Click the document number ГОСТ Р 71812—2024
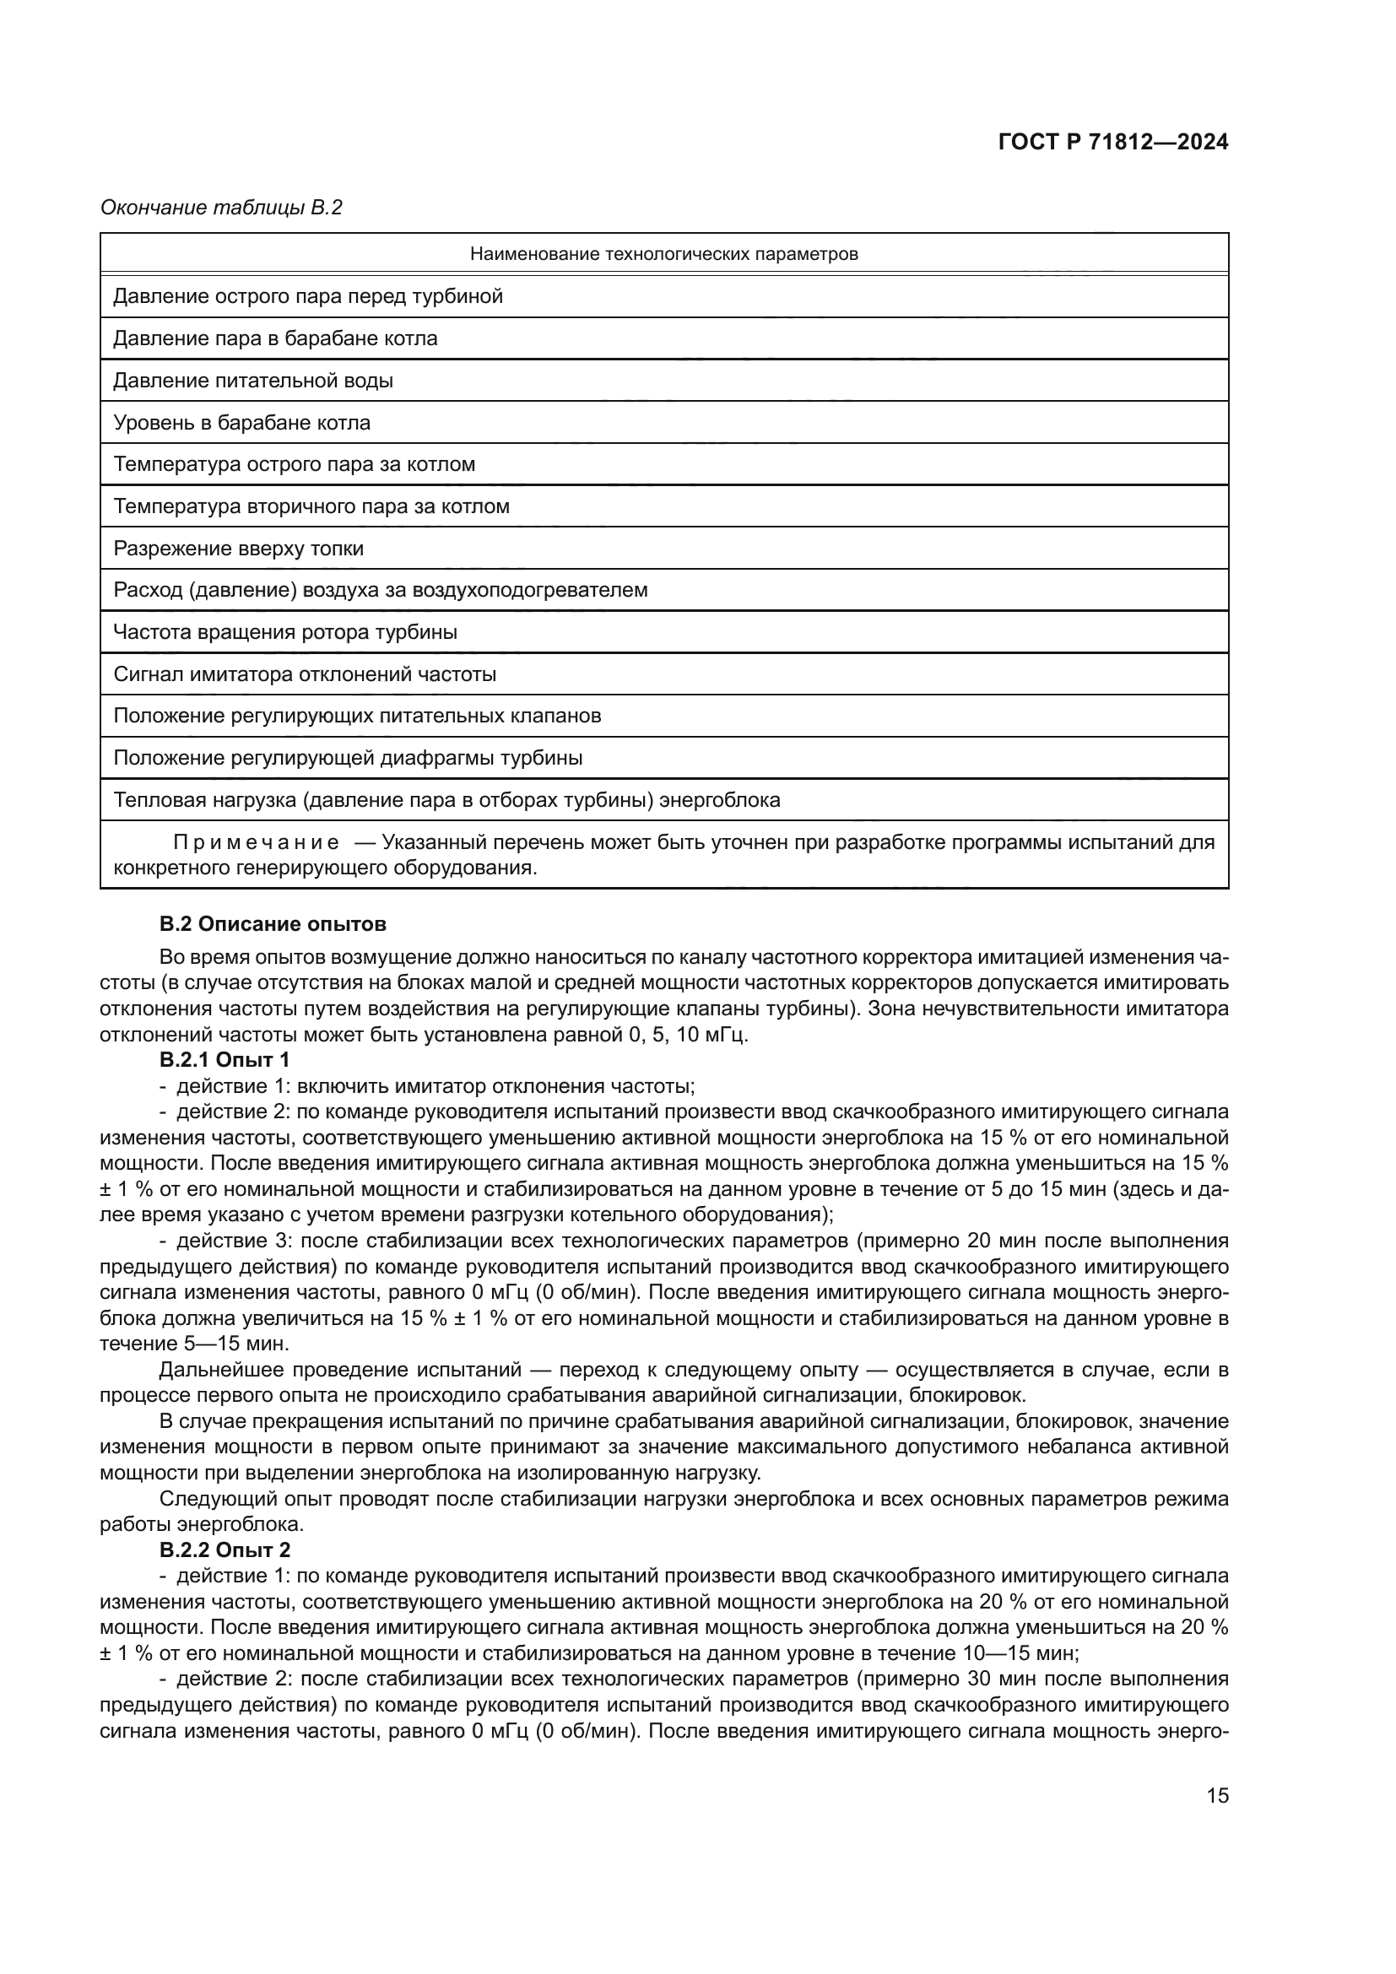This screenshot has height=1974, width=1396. (x=1112, y=143)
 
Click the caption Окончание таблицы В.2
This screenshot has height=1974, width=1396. (x=222, y=208)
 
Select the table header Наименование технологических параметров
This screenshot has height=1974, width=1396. (x=663, y=254)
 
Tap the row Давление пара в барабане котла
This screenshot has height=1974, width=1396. (x=275, y=338)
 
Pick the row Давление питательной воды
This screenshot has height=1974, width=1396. (x=253, y=380)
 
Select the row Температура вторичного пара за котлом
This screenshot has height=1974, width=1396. (x=311, y=506)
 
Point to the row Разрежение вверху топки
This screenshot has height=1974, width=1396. (x=238, y=549)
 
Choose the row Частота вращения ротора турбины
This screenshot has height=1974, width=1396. (x=285, y=632)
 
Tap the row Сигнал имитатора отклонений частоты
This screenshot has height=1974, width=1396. (x=305, y=674)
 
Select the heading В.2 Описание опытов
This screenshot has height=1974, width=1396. (x=273, y=924)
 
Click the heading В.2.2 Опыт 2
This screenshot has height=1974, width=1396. (x=225, y=1550)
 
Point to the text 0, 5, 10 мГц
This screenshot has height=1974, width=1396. (x=684, y=1035)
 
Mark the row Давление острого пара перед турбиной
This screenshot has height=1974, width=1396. (x=308, y=296)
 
